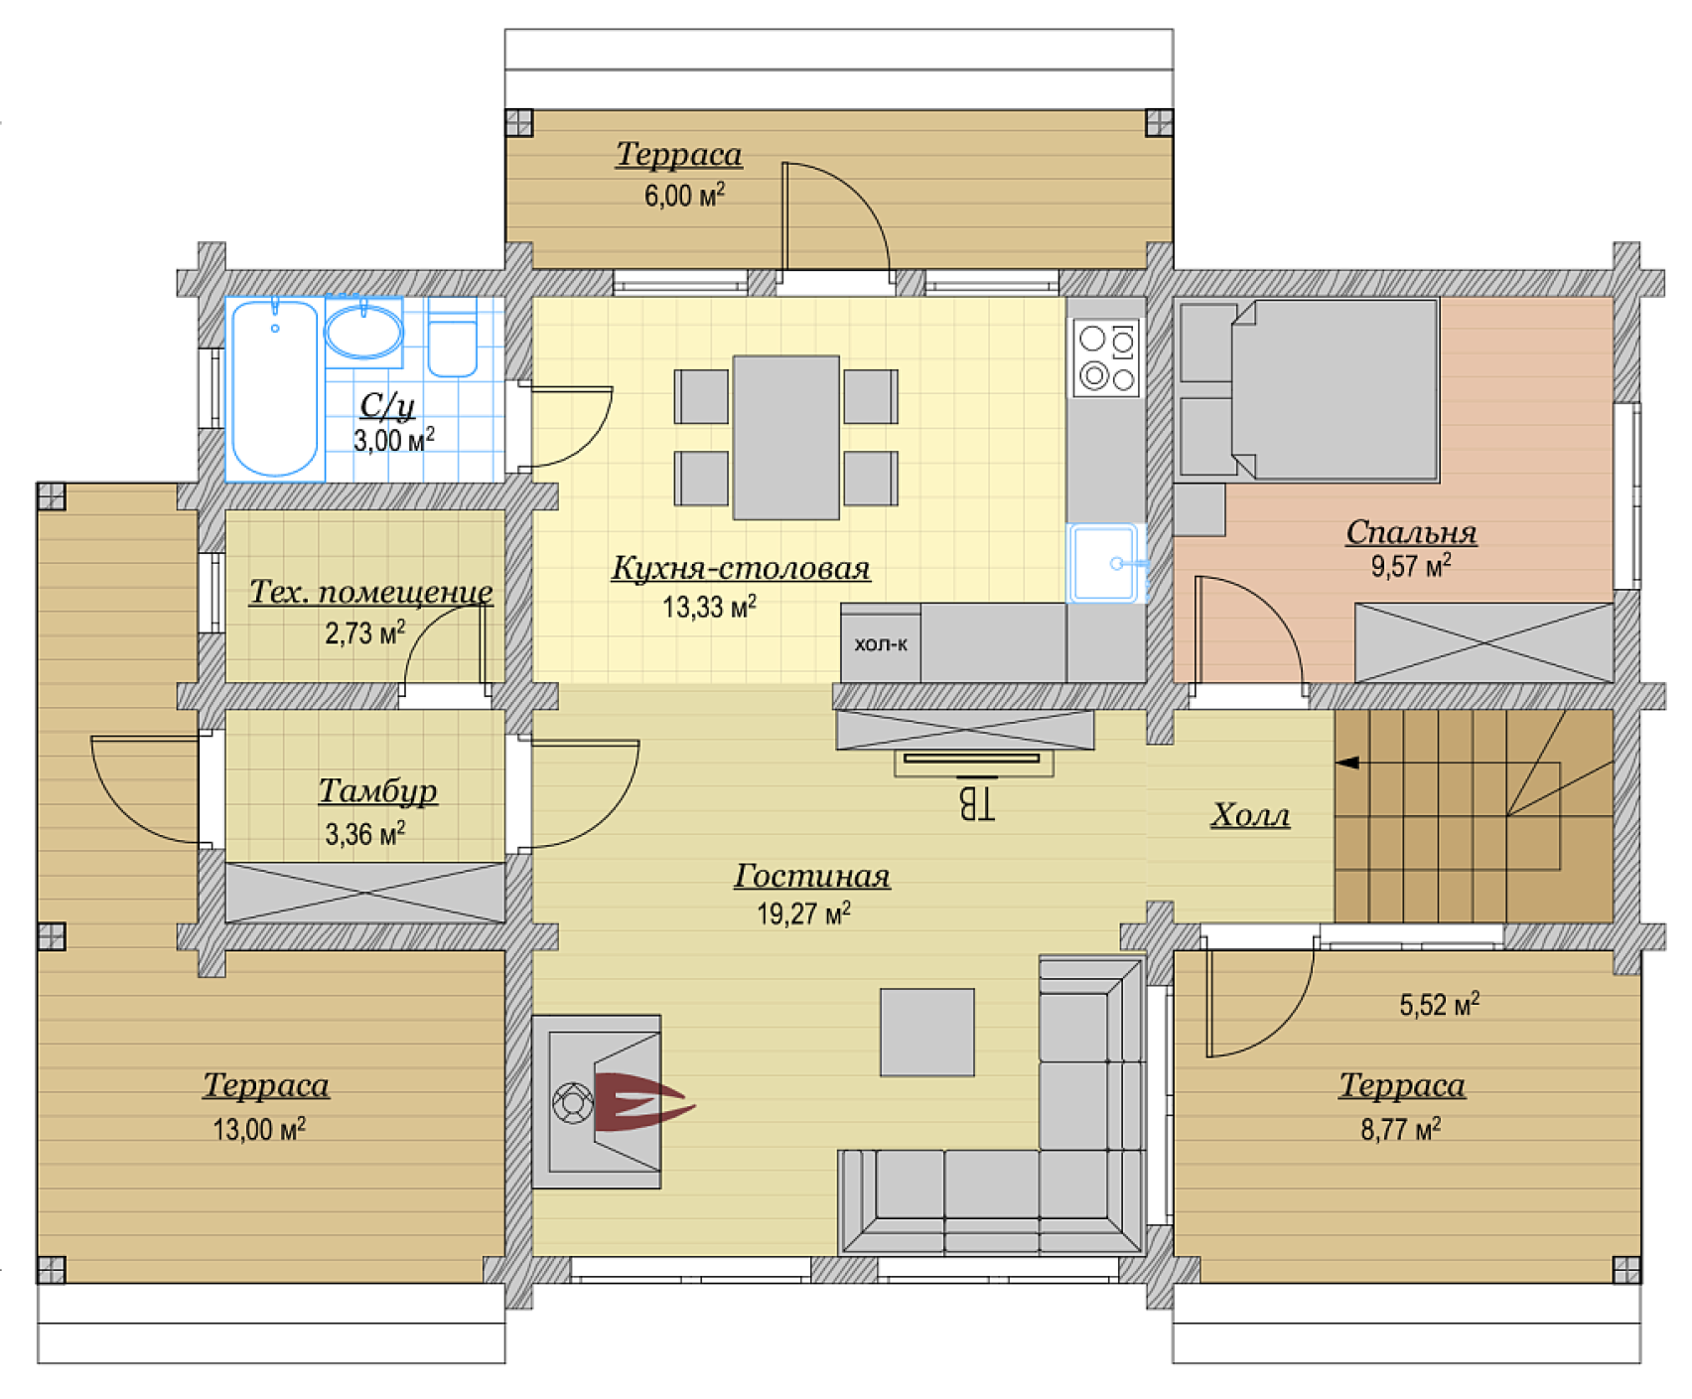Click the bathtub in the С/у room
pos(274,388)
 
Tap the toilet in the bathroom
pos(453,338)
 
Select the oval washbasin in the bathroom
pos(363,332)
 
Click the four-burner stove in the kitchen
pos(1107,358)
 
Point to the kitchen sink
pos(1106,563)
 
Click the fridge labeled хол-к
pos(881,643)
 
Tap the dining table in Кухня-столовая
pos(786,438)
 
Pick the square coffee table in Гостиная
pos(927,1033)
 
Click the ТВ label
pos(976,804)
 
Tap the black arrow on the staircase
pos(1347,763)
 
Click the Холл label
pos(1250,816)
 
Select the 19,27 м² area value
pos(803,913)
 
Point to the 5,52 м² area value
pos(1439,1005)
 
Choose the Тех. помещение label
pos(370,592)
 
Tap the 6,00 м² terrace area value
pos(684,195)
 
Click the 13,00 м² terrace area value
pos(258,1129)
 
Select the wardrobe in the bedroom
pos(1484,642)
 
